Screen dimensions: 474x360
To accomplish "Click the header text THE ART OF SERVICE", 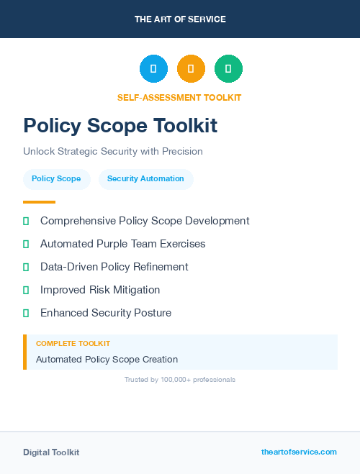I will (180, 19).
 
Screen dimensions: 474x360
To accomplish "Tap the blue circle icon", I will (153, 69).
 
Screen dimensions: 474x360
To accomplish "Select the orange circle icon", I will (191, 69).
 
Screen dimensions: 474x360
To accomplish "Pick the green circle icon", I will (228, 69).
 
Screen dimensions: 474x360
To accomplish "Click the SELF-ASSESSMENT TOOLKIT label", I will (179, 97).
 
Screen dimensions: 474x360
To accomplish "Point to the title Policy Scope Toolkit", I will (120, 126).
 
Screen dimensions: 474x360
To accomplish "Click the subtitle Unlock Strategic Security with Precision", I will (113, 152).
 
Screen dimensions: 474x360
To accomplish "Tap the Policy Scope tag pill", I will (56, 179).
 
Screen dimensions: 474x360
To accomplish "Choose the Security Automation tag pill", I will (145, 179).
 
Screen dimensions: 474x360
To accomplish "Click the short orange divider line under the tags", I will (39, 202).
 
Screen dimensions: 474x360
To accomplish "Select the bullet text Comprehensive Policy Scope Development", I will (145, 221).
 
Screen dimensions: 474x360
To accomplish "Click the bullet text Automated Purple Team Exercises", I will (122, 244).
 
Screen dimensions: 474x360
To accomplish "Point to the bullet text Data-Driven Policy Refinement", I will (114, 267).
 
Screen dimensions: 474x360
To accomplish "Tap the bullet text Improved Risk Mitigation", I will (100, 290).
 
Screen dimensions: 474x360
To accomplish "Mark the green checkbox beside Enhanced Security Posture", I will (26, 313).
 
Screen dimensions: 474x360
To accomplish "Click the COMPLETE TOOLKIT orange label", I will (73, 344).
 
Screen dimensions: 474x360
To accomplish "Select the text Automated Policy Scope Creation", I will (107, 359).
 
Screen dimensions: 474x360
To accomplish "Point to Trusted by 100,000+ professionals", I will (180, 379).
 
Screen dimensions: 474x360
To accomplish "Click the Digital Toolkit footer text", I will (51, 452).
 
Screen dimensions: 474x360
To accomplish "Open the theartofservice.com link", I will (299, 452).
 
